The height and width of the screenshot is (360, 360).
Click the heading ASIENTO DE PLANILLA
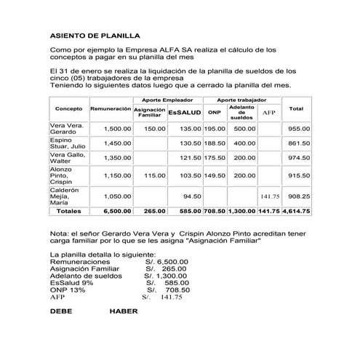click(95, 35)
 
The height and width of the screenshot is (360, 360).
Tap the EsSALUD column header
click(184, 113)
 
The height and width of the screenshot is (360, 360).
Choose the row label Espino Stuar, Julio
click(66, 146)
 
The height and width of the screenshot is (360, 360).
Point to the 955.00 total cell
click(300, 127)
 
